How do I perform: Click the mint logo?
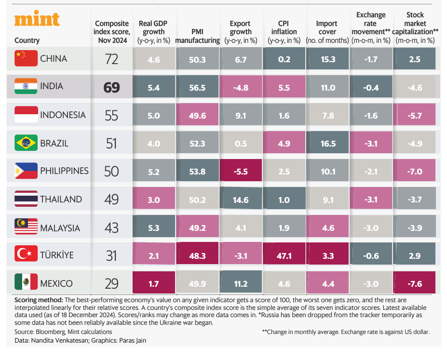(x=37, y=19)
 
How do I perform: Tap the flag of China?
(x=26, y=59)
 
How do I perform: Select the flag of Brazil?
(x=26, y=143)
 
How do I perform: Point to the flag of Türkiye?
(x=26, y=255)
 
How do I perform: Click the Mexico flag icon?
(x=26, y=283)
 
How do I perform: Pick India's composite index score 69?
(x=111, y=87)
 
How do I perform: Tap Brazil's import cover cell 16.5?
(x=328, y=143)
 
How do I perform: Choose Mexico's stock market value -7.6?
(x=415, y=283)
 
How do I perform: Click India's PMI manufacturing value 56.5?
(x=197, y=87)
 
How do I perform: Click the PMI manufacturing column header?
(x=197, y=36)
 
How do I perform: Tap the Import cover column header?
(x=327, y=32)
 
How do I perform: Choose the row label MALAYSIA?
(x=61, y=227)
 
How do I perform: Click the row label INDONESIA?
(x=63, y=115)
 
